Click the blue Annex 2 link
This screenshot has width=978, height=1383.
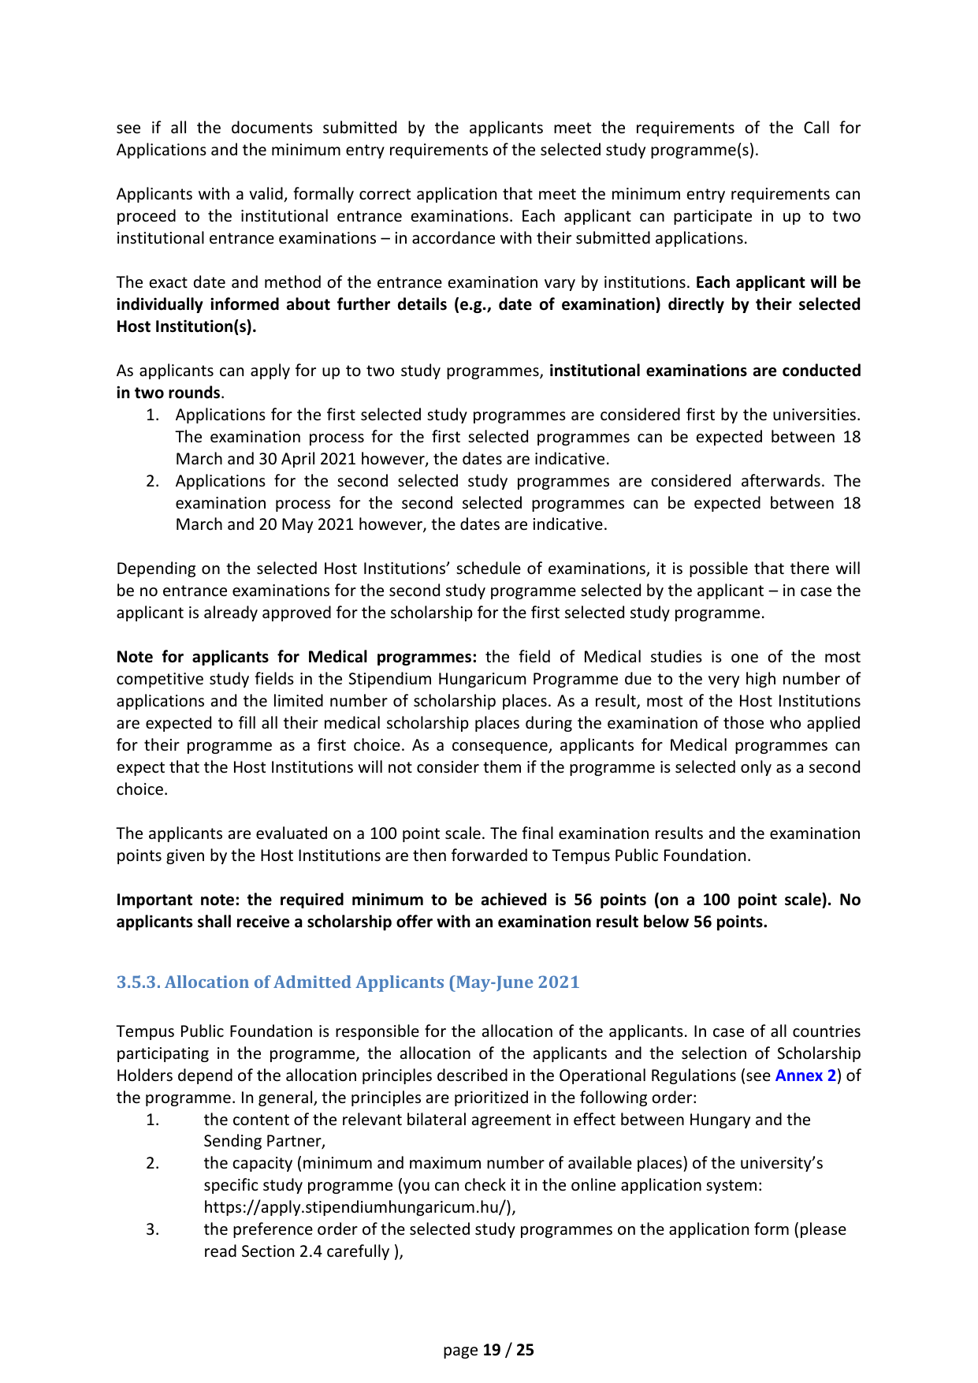point(805,1075)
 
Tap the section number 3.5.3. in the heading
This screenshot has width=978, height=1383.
point(138,982)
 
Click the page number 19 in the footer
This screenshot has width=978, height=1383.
point(492,1350)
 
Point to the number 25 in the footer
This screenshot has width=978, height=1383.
point(525,1350)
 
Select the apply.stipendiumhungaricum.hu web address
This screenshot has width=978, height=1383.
point(359,1207)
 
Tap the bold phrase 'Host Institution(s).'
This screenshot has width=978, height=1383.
point(186,326)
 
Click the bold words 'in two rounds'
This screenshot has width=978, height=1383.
point(168,393)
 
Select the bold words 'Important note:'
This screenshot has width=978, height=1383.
point(180,900)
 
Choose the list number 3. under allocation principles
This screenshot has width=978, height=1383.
point(153,1229)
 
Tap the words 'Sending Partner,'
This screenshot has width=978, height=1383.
point(264,1141)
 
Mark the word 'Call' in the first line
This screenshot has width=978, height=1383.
point(816,128)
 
